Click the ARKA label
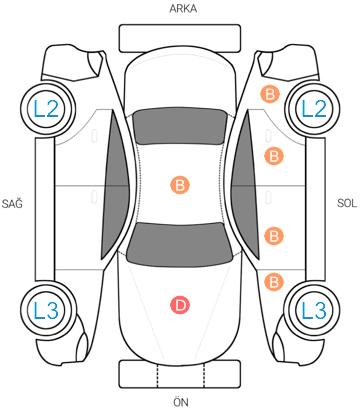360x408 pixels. [x=183, y=9]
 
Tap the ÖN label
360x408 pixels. [x=181, y=401]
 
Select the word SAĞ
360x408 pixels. [x=12, y=203]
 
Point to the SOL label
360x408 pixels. [x=347, y=203]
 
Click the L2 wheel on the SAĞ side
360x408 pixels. [x=47, y=109]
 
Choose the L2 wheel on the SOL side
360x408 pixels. [x=313, y=109]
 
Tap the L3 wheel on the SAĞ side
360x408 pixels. [x=47, y=310]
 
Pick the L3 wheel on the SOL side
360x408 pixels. [x=313, y=310]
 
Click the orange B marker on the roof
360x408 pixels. [x=180, y=185]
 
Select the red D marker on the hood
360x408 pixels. [x=180, y=305]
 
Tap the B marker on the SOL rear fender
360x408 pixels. [x=270, y=94]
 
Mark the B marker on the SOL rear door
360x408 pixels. [x=274, y=156]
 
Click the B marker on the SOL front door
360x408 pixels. [x=274, y=236]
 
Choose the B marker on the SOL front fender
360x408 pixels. [x=274, y=282]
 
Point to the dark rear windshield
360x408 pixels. [x=180, y=127]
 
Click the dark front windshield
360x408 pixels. [x=180, y=244]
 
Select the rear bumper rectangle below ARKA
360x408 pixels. [x=180, y=38]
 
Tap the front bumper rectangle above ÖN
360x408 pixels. [x=180, y=374]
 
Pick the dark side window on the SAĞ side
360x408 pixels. [x=115, y=185]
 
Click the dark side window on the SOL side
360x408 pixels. [x=245, y=185]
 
